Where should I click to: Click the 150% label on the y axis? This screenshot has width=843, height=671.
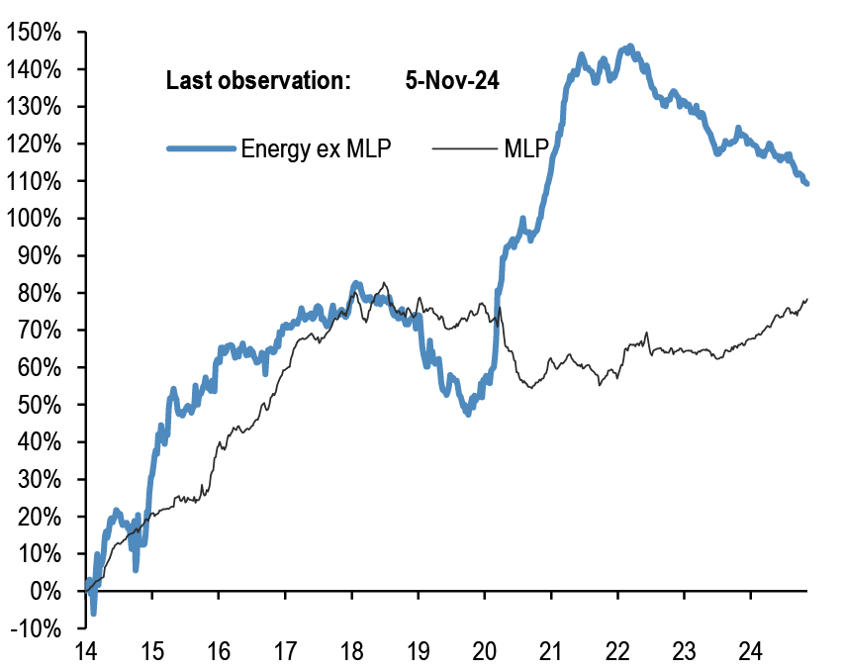[35, 33]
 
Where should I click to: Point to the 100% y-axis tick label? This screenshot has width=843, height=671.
[35, 219]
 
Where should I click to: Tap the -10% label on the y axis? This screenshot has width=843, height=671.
[37, 628]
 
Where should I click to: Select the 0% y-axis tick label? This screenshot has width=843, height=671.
[46, 591]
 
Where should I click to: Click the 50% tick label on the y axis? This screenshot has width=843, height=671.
[40, 405]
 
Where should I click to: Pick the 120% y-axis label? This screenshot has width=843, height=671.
[35, 144]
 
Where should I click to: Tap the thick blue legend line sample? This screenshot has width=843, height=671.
[202, 149]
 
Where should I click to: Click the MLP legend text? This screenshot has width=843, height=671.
[527, 149]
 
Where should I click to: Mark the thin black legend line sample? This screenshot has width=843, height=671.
[463, 149]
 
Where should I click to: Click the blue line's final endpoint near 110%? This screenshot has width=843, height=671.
[807, 183]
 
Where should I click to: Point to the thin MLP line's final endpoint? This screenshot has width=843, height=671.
[807, 299]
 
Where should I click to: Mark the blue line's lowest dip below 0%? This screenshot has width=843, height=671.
[94, 614]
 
